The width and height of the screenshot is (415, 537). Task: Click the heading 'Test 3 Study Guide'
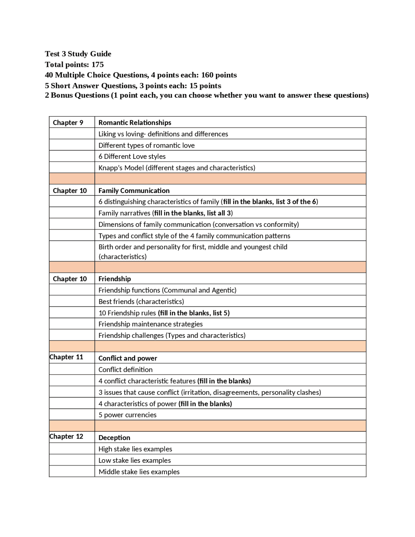78,54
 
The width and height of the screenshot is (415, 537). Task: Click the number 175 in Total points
98,65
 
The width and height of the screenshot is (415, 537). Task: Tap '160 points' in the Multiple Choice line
219,75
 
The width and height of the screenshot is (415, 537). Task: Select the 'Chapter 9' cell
68,123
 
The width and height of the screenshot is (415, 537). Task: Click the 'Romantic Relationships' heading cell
135,123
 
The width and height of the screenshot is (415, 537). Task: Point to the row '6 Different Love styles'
132,156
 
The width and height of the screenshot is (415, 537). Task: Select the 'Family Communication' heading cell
134,191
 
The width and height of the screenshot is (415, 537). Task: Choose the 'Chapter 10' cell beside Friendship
70,279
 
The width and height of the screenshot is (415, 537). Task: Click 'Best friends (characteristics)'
141,302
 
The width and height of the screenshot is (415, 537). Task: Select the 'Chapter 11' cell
66,357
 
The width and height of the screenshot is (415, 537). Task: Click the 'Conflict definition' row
125,370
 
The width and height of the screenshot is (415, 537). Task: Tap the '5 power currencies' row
127,415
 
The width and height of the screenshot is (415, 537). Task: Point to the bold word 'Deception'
114,438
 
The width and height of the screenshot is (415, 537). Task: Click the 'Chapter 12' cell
66,436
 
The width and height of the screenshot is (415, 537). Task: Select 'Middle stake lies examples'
139,472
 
